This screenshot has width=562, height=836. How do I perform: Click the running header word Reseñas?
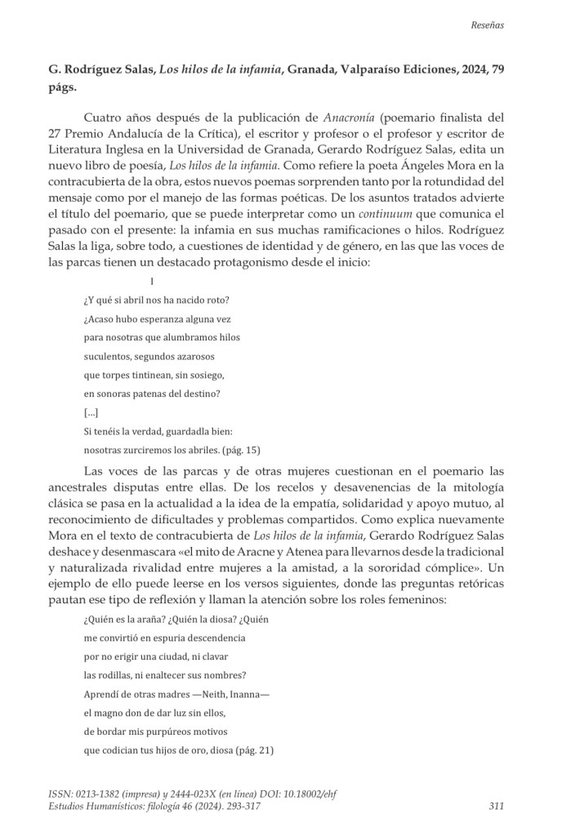487,24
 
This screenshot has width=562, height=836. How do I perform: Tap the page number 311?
495,807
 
